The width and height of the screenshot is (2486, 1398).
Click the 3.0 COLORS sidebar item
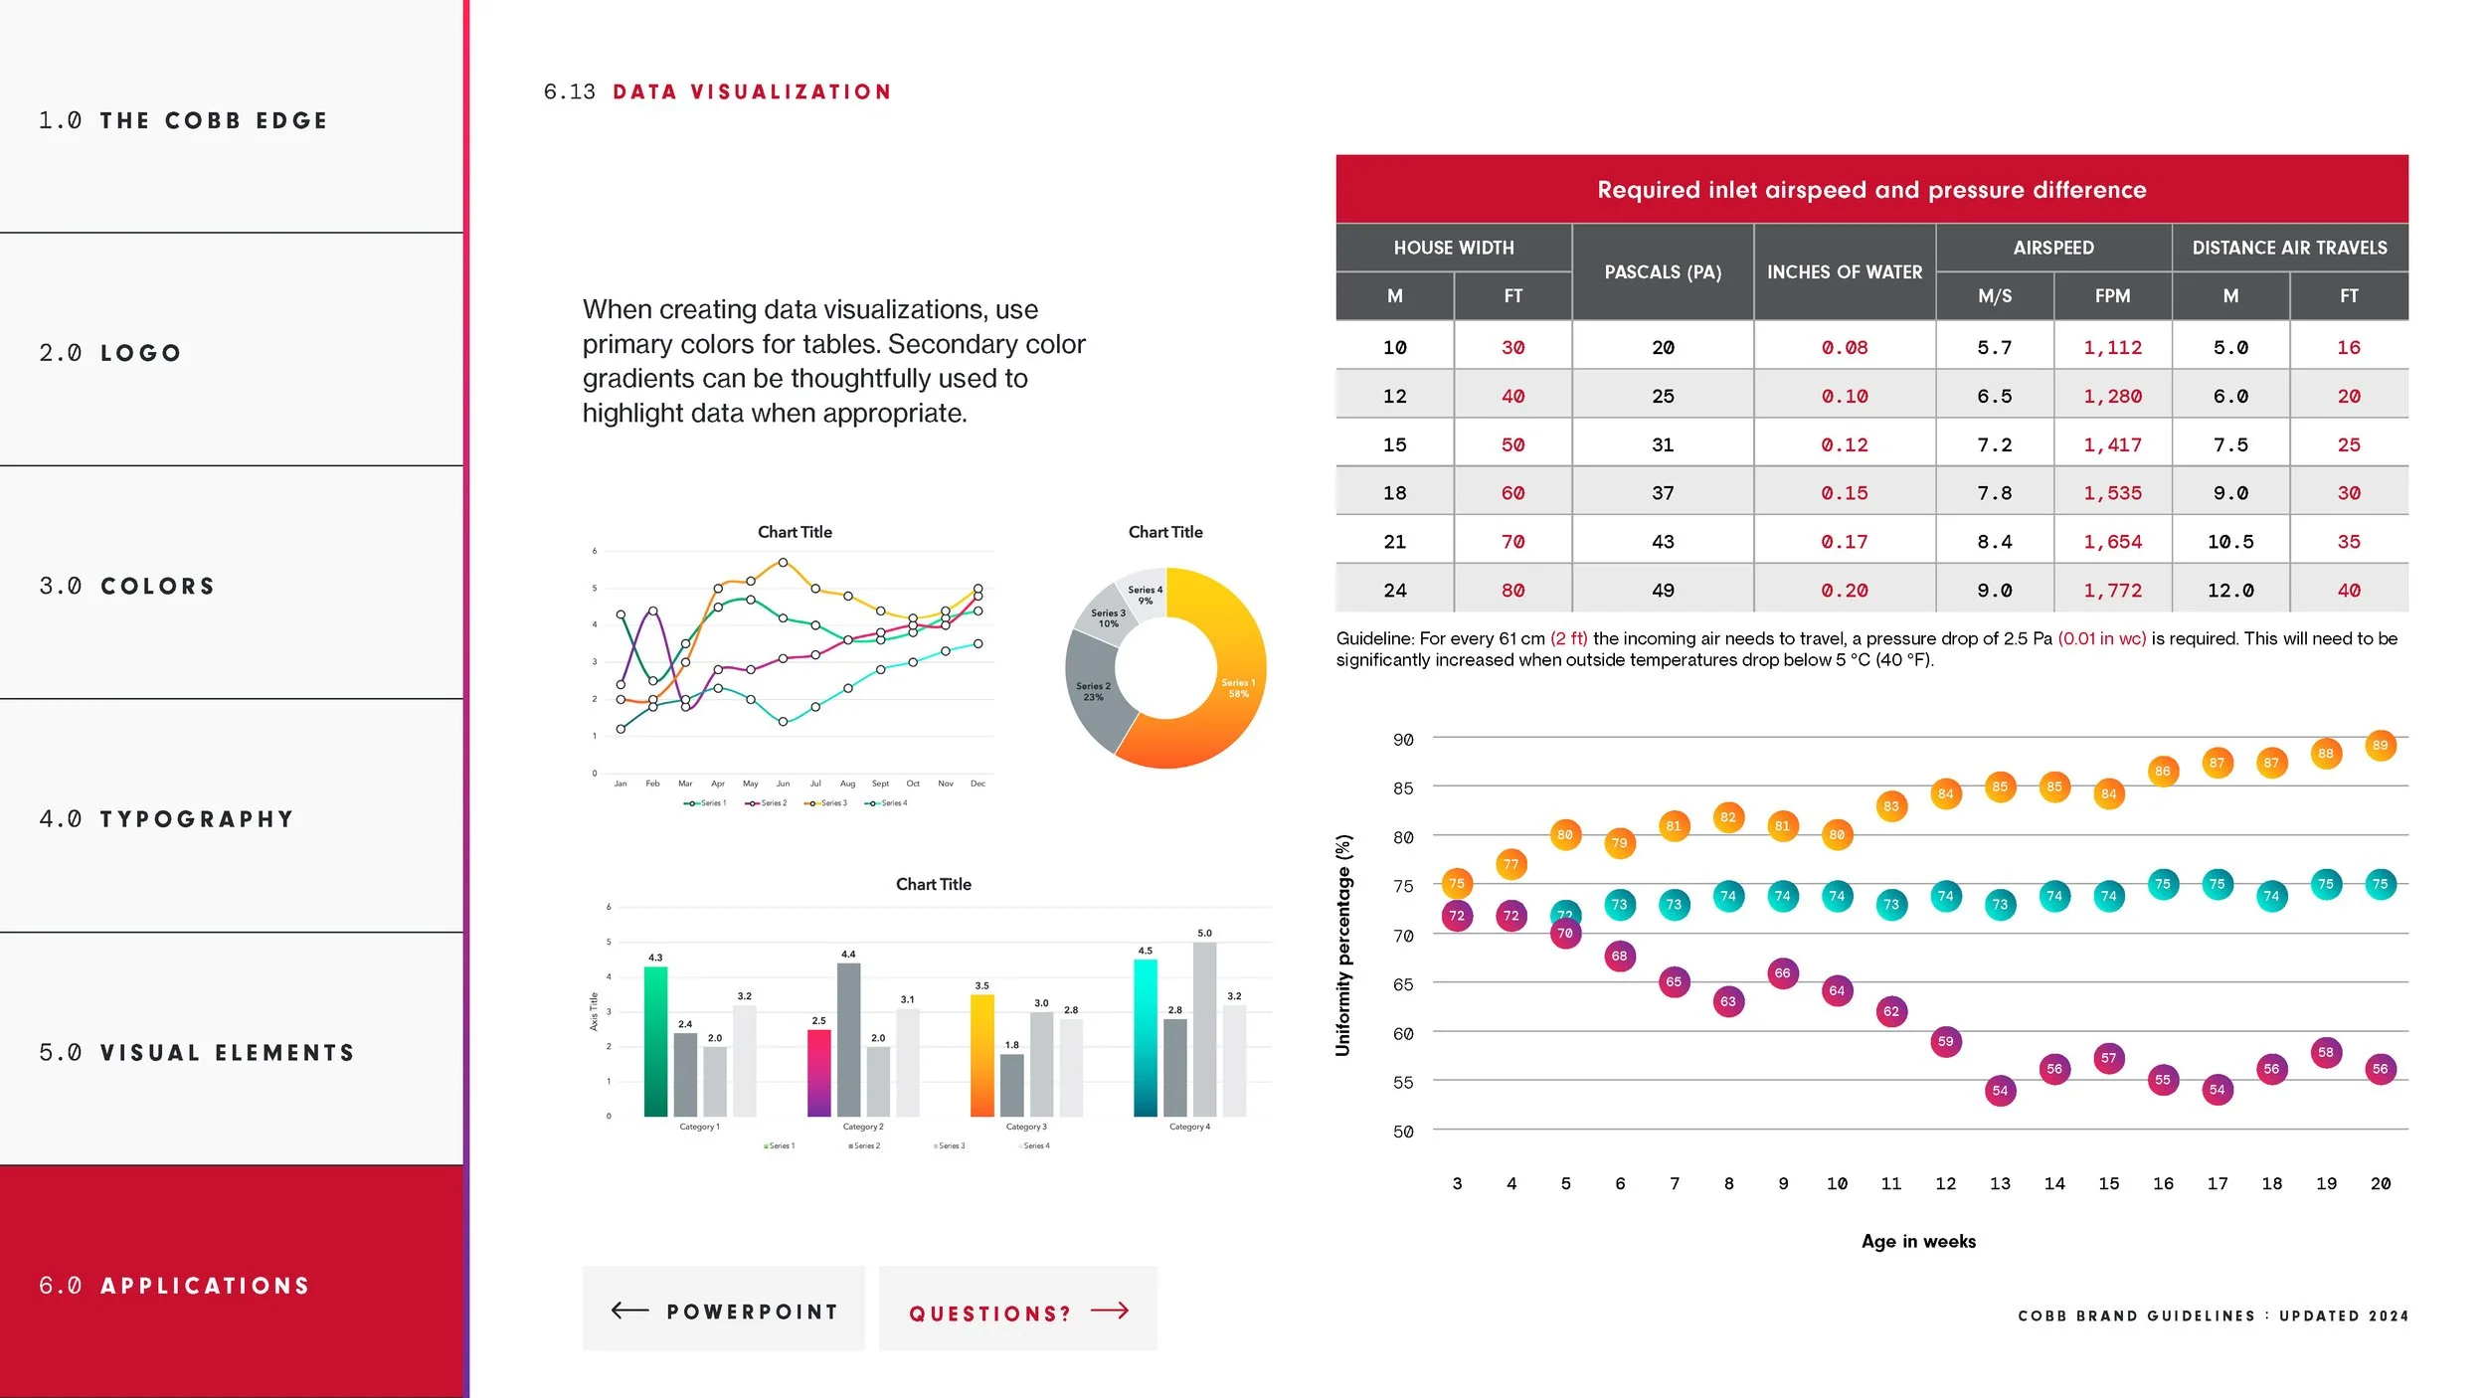pos(127,586)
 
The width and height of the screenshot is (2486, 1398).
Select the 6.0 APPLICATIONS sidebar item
pos(174,1285)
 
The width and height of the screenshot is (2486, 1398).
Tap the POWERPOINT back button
pos(724,1311)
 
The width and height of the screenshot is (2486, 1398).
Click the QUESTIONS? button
pos(1018,1311)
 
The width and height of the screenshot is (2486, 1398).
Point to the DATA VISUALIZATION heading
pos(752,92)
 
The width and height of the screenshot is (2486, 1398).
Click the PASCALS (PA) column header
pos(1663,271)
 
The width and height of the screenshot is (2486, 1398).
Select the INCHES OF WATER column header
pos(1845,271)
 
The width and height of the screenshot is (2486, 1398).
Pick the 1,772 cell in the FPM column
pos(2112,591)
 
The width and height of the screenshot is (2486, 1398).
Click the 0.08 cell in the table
pos(1845,348)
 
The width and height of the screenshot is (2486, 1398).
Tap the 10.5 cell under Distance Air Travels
pos(2230,542)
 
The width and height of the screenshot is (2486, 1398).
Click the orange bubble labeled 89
pos(2380,746)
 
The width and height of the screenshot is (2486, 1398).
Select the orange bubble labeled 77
pos(1510,864)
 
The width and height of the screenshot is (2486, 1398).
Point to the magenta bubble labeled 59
pos(1945,1042)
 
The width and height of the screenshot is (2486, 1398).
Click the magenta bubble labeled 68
pos(1619,957)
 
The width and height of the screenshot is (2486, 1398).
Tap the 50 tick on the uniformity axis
pos(1403,1132)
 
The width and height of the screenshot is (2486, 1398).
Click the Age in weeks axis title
pos(1918,1241)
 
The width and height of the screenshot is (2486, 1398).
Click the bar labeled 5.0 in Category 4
pos(1204,1029)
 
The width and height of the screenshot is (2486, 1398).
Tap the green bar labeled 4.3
pos(655,1040)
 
